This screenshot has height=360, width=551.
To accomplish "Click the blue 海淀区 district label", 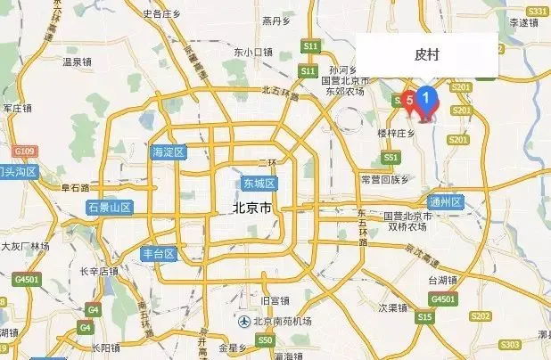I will click(x=168, y=152).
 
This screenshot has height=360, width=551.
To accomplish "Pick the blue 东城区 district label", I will click(x=259, y=184).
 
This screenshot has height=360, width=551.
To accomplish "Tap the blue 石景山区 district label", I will click(x=110, y=208).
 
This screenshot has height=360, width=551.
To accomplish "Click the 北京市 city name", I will click(x=251, y=208).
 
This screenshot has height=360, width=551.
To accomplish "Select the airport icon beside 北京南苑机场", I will click(x=243, y=321).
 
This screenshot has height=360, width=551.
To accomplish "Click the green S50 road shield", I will click(x=264, y=340).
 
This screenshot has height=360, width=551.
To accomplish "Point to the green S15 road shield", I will click(x=425, y=317).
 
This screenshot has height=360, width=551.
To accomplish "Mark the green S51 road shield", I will click(x=390, y=157).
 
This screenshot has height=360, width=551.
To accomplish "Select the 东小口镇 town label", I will click(x=251, y=52).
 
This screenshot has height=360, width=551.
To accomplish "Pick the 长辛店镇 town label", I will click(x=99, y=271).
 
